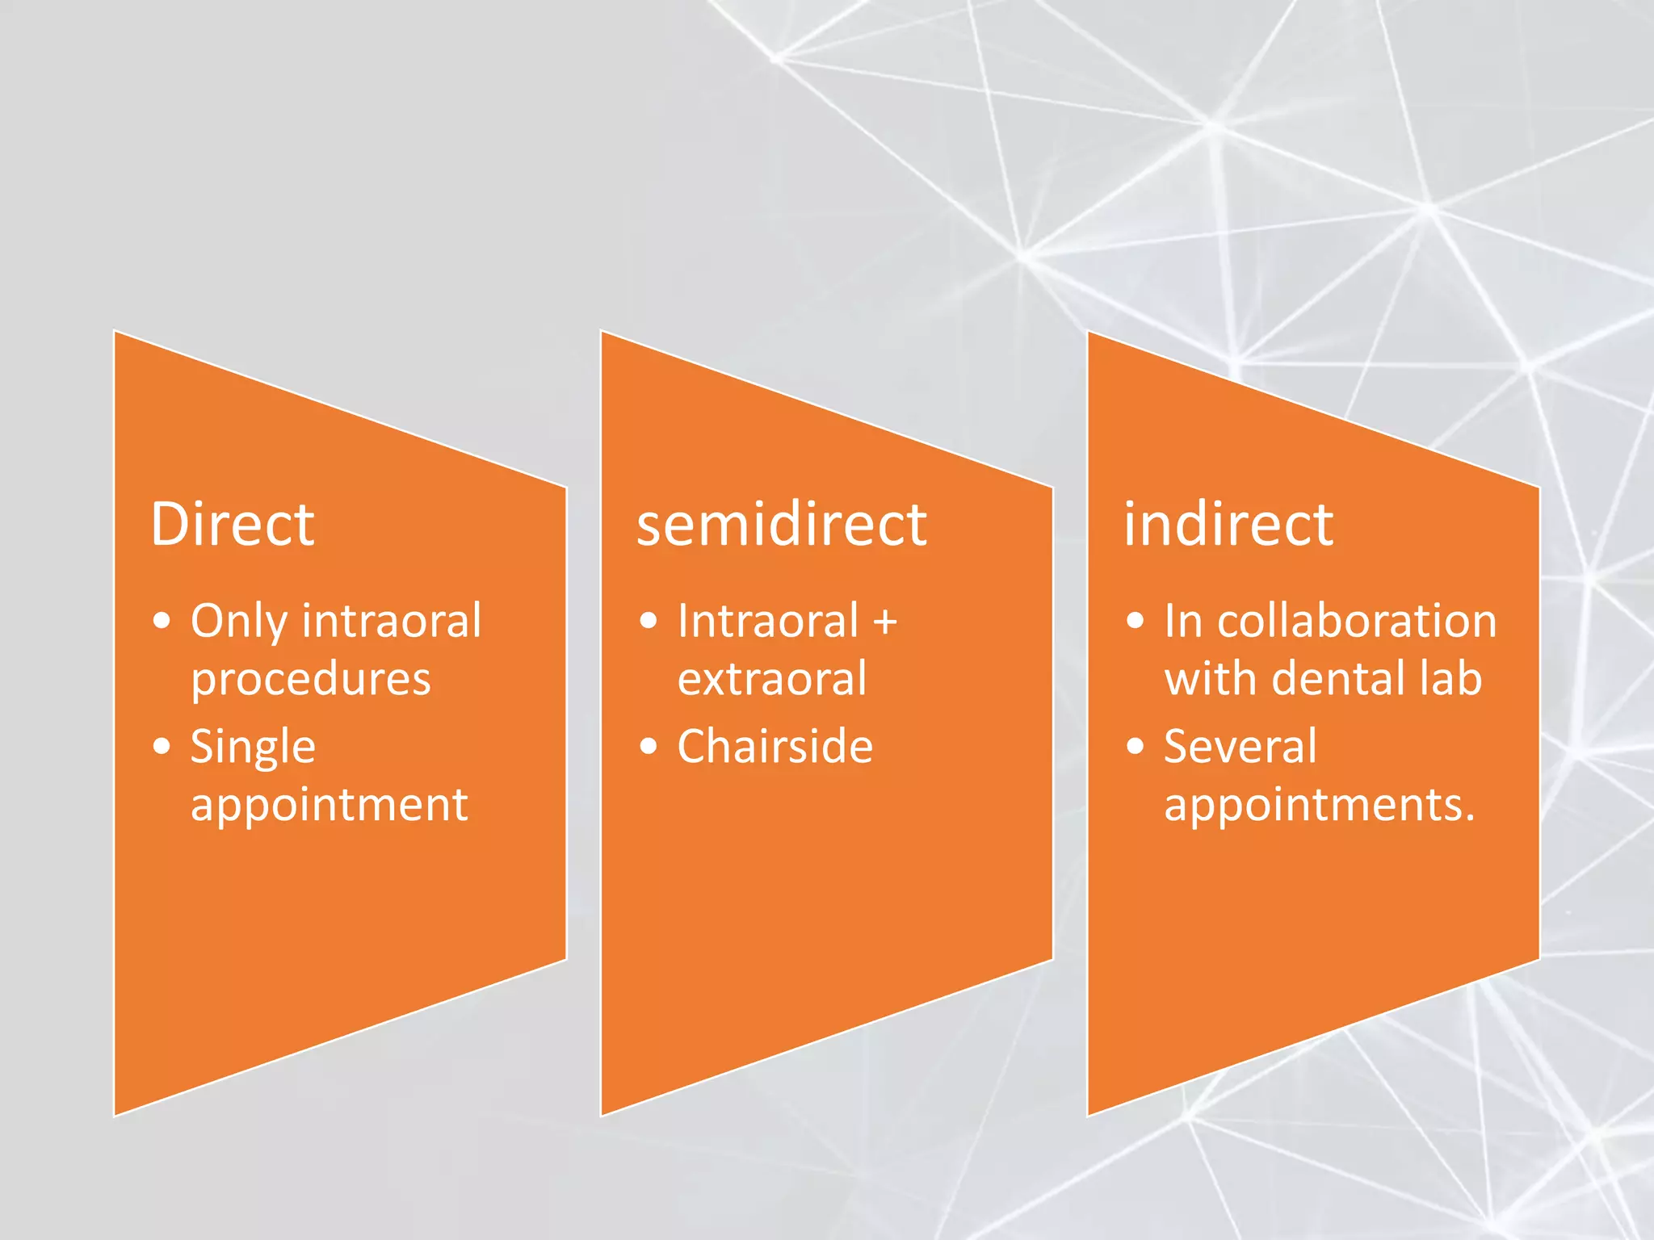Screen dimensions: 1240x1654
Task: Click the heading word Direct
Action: pyautogui.click(x=233, y=525)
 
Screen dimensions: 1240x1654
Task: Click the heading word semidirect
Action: pyautogui.click(x=782, y=525)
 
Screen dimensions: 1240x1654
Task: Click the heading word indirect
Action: pyautogui.click(x=1228, y=525)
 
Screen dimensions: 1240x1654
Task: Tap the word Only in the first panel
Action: pyautogui.click(x=238, y=622)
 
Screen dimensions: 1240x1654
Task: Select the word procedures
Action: pyautogui.click(x=311, y=680)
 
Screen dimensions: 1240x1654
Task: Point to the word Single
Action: pyautogui.click(x=253, y=747)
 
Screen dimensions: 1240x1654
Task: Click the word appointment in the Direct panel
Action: pyautogui.click(x=329, y=805)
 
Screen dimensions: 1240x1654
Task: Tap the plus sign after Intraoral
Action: pyautogui.click(x=885, y=622)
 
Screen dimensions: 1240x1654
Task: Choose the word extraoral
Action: pyautogui.click(x=772, y=678)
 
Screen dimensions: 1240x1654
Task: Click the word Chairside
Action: pyautogui.click(x=775, y=746)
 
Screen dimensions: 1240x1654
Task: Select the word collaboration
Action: pyautogui.click(x=1357, y=621)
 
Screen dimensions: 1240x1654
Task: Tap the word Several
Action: pyautogui.click(x=1240, y=746)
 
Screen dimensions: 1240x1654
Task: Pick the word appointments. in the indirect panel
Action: pyautogui.click(x=1320, y=805)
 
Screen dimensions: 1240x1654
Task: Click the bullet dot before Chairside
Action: pyautogui.click(x=649, y=746)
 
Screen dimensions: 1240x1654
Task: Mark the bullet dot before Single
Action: pyautogui.click(x=162, y=746)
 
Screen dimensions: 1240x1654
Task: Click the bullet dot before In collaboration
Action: pyautogui.click(x=1136, y=621)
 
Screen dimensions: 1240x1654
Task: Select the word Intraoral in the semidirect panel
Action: pyautogui.click(x=768, y=621)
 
